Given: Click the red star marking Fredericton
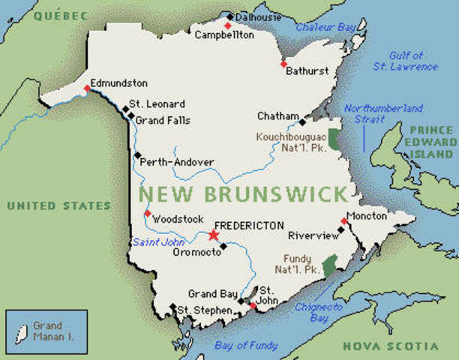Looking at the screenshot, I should (x=214, y=235).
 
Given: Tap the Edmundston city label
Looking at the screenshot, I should (x=118, y=82).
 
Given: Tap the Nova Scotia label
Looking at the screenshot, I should (x=390, y=346).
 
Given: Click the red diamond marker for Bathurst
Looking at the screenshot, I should (x=283, y=64).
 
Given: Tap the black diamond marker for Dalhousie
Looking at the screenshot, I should (x=229, y=15).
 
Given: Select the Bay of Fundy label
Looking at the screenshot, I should (x=245, y=346).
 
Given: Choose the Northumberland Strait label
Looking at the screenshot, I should (x=383, y=114).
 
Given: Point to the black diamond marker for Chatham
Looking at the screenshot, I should (x=302, y=121).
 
